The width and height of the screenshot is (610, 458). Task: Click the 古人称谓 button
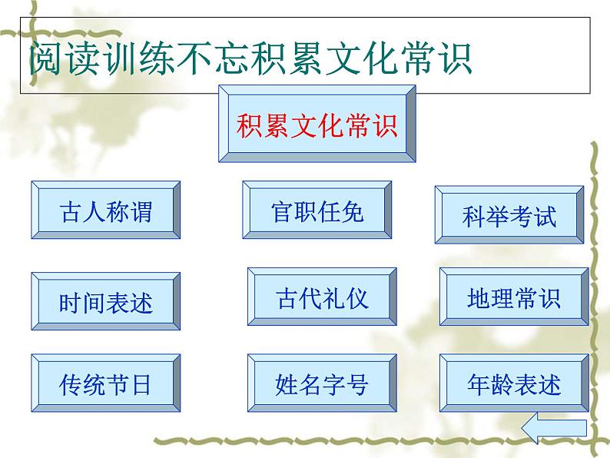pos(105,211)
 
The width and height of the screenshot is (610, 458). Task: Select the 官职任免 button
pos(317,211)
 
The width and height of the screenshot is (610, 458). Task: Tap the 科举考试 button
pos(509,215)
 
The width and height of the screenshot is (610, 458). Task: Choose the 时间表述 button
pos(105,301)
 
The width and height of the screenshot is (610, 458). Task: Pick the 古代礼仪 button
pos(322,297)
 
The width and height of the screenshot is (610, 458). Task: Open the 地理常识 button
pos(514,297)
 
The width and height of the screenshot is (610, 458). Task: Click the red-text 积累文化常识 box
pos(317,124)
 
